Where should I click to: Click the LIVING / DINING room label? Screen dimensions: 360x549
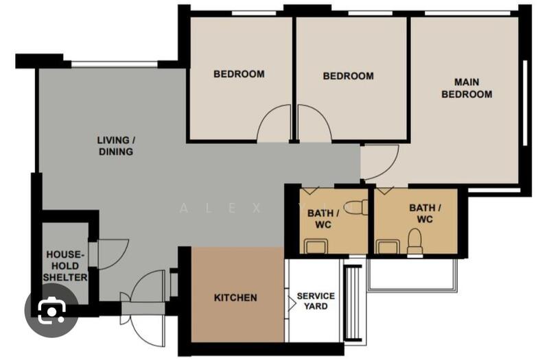click(116, 145)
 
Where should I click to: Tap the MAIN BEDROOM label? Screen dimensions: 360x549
click(466, 88)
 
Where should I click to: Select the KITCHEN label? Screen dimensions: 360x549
click(235, 298)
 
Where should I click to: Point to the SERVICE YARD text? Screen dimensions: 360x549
click(316, 301)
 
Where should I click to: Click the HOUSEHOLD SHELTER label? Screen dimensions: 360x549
click(67, 265)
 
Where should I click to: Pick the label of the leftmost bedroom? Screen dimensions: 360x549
click(239, 74)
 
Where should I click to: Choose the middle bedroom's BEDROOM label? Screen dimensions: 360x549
click(349, 76)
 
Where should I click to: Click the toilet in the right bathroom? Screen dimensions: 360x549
click(414, 242)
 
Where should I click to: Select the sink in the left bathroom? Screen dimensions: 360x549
click(315, 245)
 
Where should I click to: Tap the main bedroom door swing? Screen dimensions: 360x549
click(378, 162)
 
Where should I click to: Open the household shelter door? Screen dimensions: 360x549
click(113, 254)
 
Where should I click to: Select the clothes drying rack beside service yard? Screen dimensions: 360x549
click(354, 302)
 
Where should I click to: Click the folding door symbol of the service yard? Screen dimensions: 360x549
click(290, 302)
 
